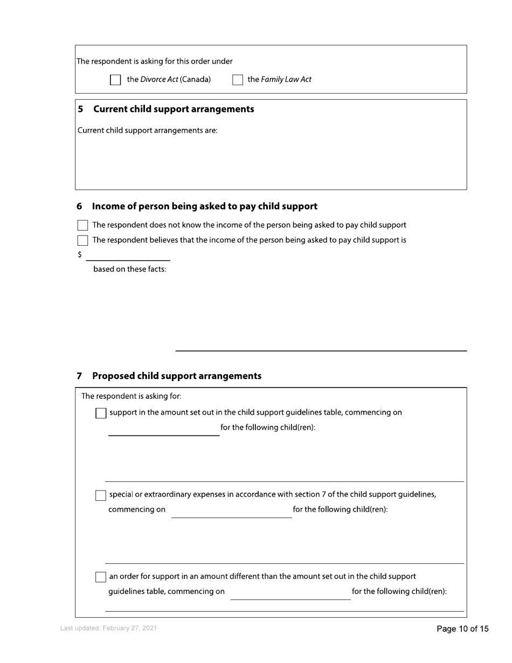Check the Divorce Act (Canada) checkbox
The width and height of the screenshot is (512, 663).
click(x=115, y=80)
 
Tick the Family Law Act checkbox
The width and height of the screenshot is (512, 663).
click(x=238, y=80)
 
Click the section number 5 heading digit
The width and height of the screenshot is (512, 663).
click(x=81, y=109)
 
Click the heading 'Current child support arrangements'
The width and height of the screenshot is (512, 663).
click(x=174, y=109)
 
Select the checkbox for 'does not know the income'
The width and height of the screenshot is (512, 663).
click(x=82, y=225)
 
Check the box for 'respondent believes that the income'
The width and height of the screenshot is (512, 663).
click(x=82, y=240)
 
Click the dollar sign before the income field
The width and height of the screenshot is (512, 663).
click(x=80, y=255)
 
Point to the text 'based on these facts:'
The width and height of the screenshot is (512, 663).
click(x=129, y=269)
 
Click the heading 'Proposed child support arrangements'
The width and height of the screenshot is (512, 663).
click(x=177, y=376)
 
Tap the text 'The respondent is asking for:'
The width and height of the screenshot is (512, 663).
click(x=131, y=396)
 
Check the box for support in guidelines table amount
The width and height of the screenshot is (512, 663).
click(x=101, y=413)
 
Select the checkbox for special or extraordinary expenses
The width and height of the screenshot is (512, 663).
click(x=101, y=495)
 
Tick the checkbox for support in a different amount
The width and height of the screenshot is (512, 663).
click(x=101, y=577)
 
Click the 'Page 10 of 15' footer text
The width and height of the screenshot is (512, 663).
click(x=462, y=629)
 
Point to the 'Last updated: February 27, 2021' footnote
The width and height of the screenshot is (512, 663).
click(x=109, y=628)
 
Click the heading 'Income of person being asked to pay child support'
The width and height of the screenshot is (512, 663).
click(x=204, y=206)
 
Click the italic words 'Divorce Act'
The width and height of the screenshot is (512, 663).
click(x=159, y=79)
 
